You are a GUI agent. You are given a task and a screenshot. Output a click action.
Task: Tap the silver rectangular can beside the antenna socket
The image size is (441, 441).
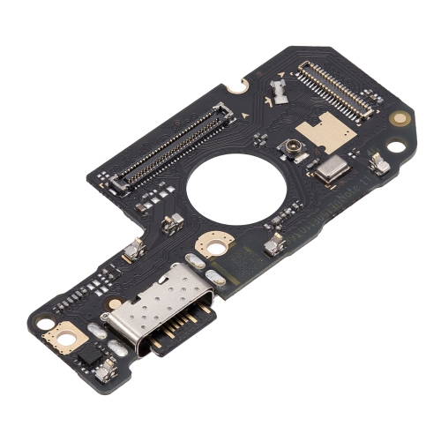pyautogui.click(x=328, y=170)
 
